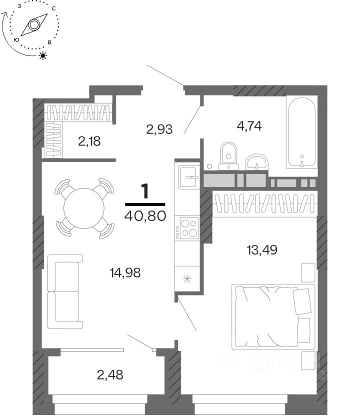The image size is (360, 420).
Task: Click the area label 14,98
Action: pyautogui.click(x=125, y=272)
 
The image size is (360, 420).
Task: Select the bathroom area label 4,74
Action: pyautogui.click(x=249, y=125)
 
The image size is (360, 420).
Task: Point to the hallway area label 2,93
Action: pyautogui.click(x=159, y=129)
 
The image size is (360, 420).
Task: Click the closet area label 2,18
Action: pyautogui.click(x=89, y=141)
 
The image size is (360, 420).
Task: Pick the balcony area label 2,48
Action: pyautogui.click(x=110, y=373)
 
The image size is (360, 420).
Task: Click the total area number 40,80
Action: pyautogui.click(x=144, y=218)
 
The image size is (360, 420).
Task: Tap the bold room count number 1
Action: pyautogui.click(x=145, y=191)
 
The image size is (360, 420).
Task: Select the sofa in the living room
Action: pyautogui.click(x=65, y=291)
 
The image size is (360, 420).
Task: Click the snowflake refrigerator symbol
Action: pyautogui.click(x=188, y=278)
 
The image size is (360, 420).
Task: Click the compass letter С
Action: pyautogui.click(x=53, y=8)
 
